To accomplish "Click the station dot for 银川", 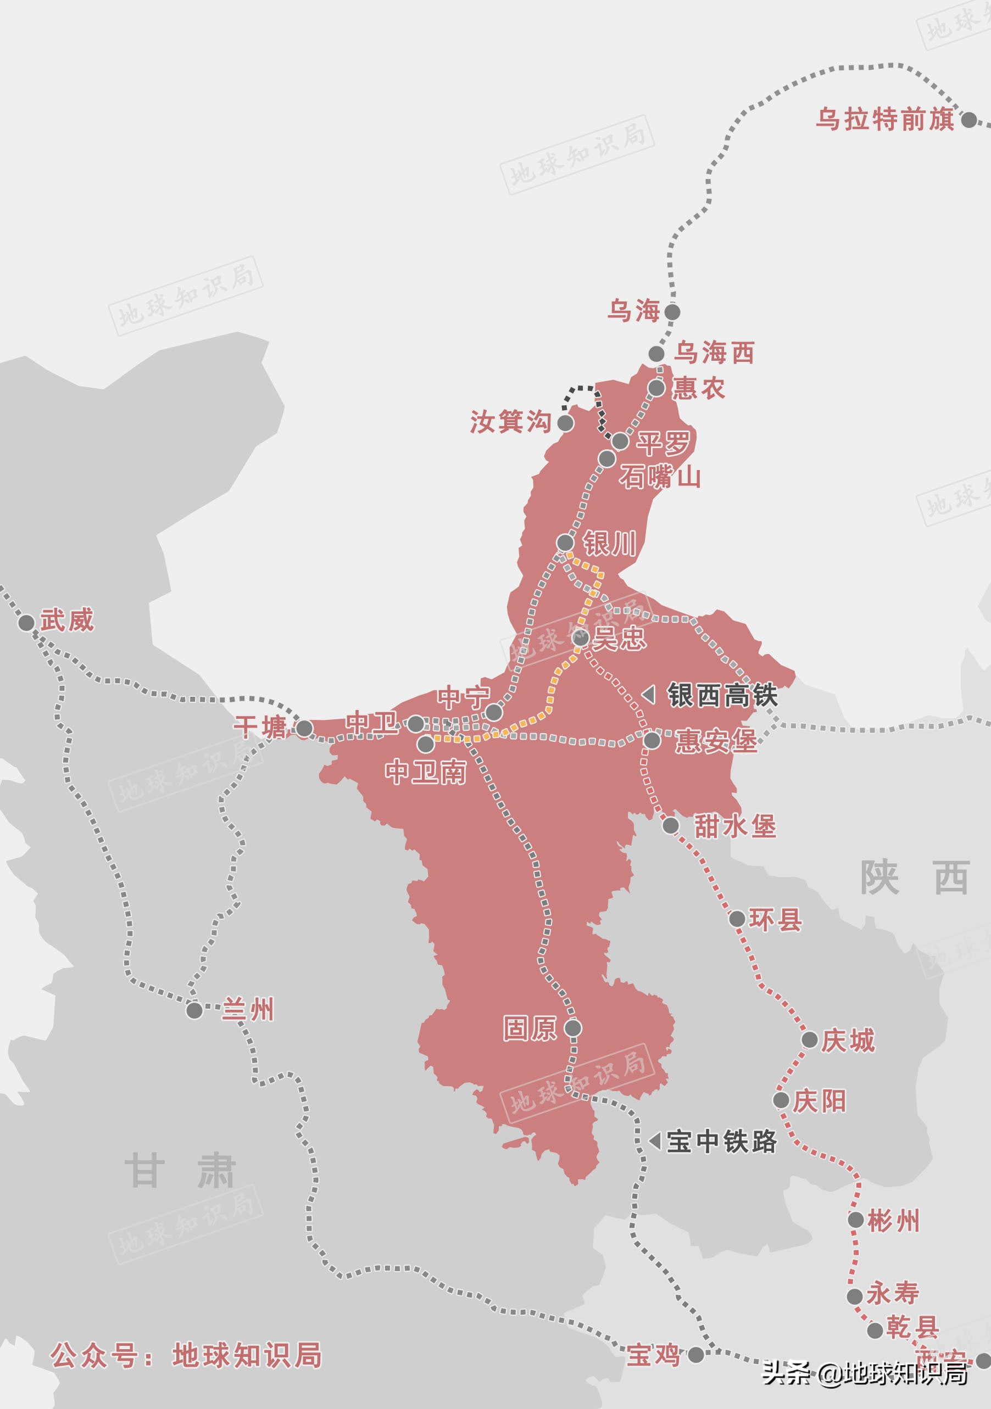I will [565, 543].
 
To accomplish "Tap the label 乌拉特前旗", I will [885, 119].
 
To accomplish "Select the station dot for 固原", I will [573, 1027].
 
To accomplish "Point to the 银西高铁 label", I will [723, 695].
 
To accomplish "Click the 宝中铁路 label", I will [721, 1142].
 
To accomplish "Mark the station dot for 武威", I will [26, 623].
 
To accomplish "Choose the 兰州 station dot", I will [194, 1010].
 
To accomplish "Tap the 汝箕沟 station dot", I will [565, 423].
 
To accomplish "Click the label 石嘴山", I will [660, 477].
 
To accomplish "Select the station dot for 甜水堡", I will [671, 825].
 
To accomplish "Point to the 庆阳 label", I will [819, 1101].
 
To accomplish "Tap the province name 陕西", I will [914, 877].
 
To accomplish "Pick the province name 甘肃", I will [180, 1171].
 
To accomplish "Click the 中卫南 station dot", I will [426, 745].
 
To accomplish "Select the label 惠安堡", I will [716, 741].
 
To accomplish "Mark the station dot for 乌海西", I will [656, 354].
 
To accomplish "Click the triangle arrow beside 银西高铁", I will [649, 695].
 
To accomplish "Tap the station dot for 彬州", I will [856, 1220].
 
